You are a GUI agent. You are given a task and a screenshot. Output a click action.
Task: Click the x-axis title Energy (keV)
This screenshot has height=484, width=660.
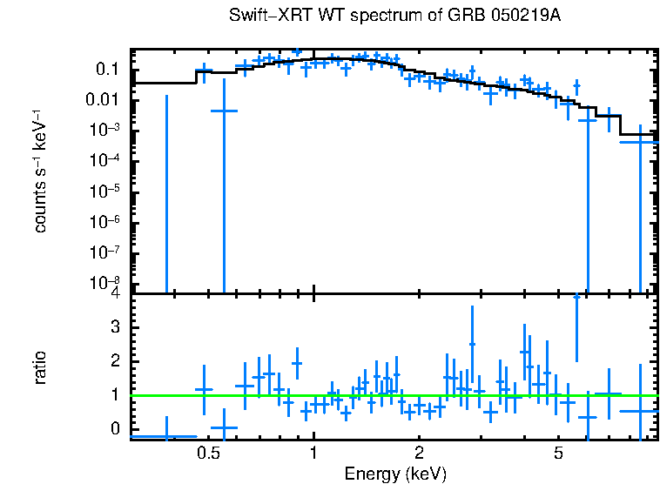coord(395,474)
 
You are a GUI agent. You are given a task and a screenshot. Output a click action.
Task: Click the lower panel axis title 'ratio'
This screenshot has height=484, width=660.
coord(40,367)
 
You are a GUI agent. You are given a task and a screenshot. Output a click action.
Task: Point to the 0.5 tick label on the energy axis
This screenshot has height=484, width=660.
coord(208,454)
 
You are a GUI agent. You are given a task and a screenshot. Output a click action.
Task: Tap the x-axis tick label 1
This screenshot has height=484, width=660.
coord(313,454)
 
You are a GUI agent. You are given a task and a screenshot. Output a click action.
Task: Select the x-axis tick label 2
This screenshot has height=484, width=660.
coord(420,454)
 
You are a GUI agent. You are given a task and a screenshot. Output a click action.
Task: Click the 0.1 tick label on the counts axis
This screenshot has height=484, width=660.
coord(106,70)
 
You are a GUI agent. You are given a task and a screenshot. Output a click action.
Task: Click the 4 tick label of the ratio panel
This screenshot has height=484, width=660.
coord(114,294)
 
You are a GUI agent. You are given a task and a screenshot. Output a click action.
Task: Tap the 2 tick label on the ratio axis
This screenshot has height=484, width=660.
coord(114,360)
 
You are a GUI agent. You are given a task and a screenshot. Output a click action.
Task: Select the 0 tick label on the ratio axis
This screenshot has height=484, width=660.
coord(114,429)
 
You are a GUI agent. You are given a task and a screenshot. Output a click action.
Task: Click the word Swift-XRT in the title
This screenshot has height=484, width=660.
coord(265,16)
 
